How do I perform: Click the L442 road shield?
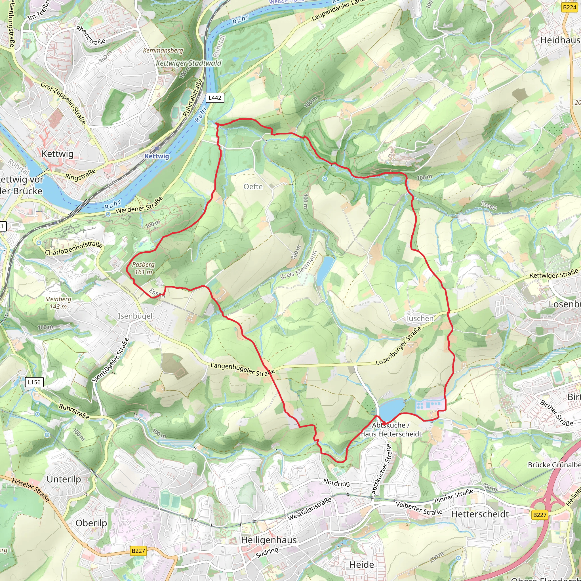click(215, 98)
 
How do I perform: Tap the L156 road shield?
click(34, 382)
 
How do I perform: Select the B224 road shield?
click(569, 7)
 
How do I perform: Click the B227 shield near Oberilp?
click(138, 551)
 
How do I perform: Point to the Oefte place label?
click(253, 187)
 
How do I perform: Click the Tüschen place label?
click(419, 319)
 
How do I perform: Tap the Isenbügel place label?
click(135, 316)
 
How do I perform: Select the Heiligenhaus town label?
click(269, 540)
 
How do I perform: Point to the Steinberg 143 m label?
click(58, 303)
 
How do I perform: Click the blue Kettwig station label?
click(157, 156)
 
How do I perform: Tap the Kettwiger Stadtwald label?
click(189, 63)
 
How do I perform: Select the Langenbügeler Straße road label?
click(242, 369)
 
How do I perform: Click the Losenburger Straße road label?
click(399, 346)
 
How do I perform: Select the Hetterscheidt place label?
click(480, 514)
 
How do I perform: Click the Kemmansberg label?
click(163, 50)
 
